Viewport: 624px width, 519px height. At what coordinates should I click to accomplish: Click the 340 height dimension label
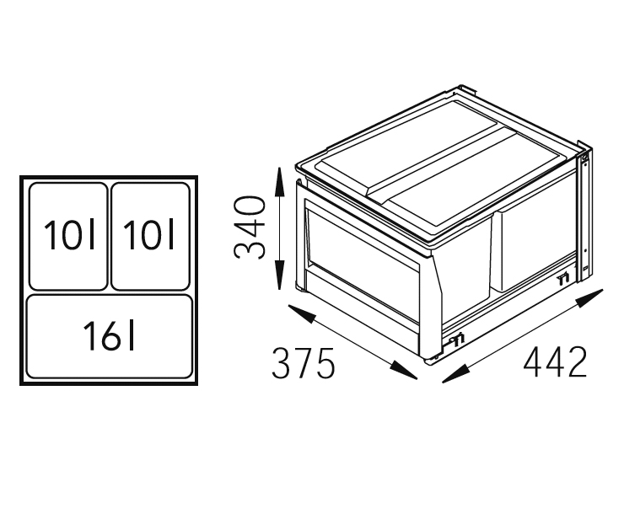point(250,227)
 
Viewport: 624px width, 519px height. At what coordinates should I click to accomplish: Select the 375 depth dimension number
point(304,363)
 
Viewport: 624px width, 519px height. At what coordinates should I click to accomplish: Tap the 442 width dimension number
point(555,361)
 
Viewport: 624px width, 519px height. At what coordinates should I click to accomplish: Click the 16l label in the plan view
point(110,336)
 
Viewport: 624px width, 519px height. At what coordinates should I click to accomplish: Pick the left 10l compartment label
point(70,234)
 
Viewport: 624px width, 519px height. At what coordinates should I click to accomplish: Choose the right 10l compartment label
point(149,234)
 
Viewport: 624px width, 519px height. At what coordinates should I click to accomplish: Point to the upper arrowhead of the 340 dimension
point(280,182)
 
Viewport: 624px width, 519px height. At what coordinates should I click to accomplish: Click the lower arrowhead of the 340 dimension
point(280,275)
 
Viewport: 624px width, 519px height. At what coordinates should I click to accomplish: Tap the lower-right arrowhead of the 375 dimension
point(403,370)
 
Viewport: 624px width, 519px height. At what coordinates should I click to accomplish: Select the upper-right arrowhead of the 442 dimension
point(589,298)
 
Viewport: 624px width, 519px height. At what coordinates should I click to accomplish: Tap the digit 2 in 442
point(576,361)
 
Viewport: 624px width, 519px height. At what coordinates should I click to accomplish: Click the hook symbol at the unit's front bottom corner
point(457,340)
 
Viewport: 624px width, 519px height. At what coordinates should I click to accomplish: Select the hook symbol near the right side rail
point(564,279)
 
